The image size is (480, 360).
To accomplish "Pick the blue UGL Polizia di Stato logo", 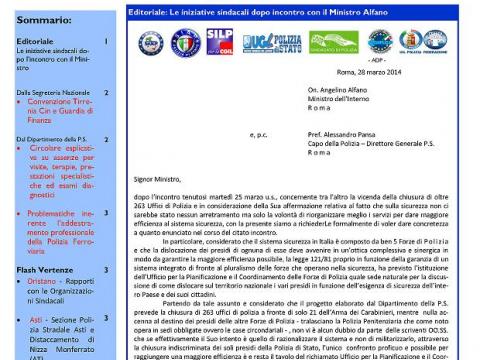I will point(271,42).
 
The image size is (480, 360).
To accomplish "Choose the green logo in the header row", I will point(334,42).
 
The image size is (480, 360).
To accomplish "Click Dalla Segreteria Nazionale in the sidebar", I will point(51,92).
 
